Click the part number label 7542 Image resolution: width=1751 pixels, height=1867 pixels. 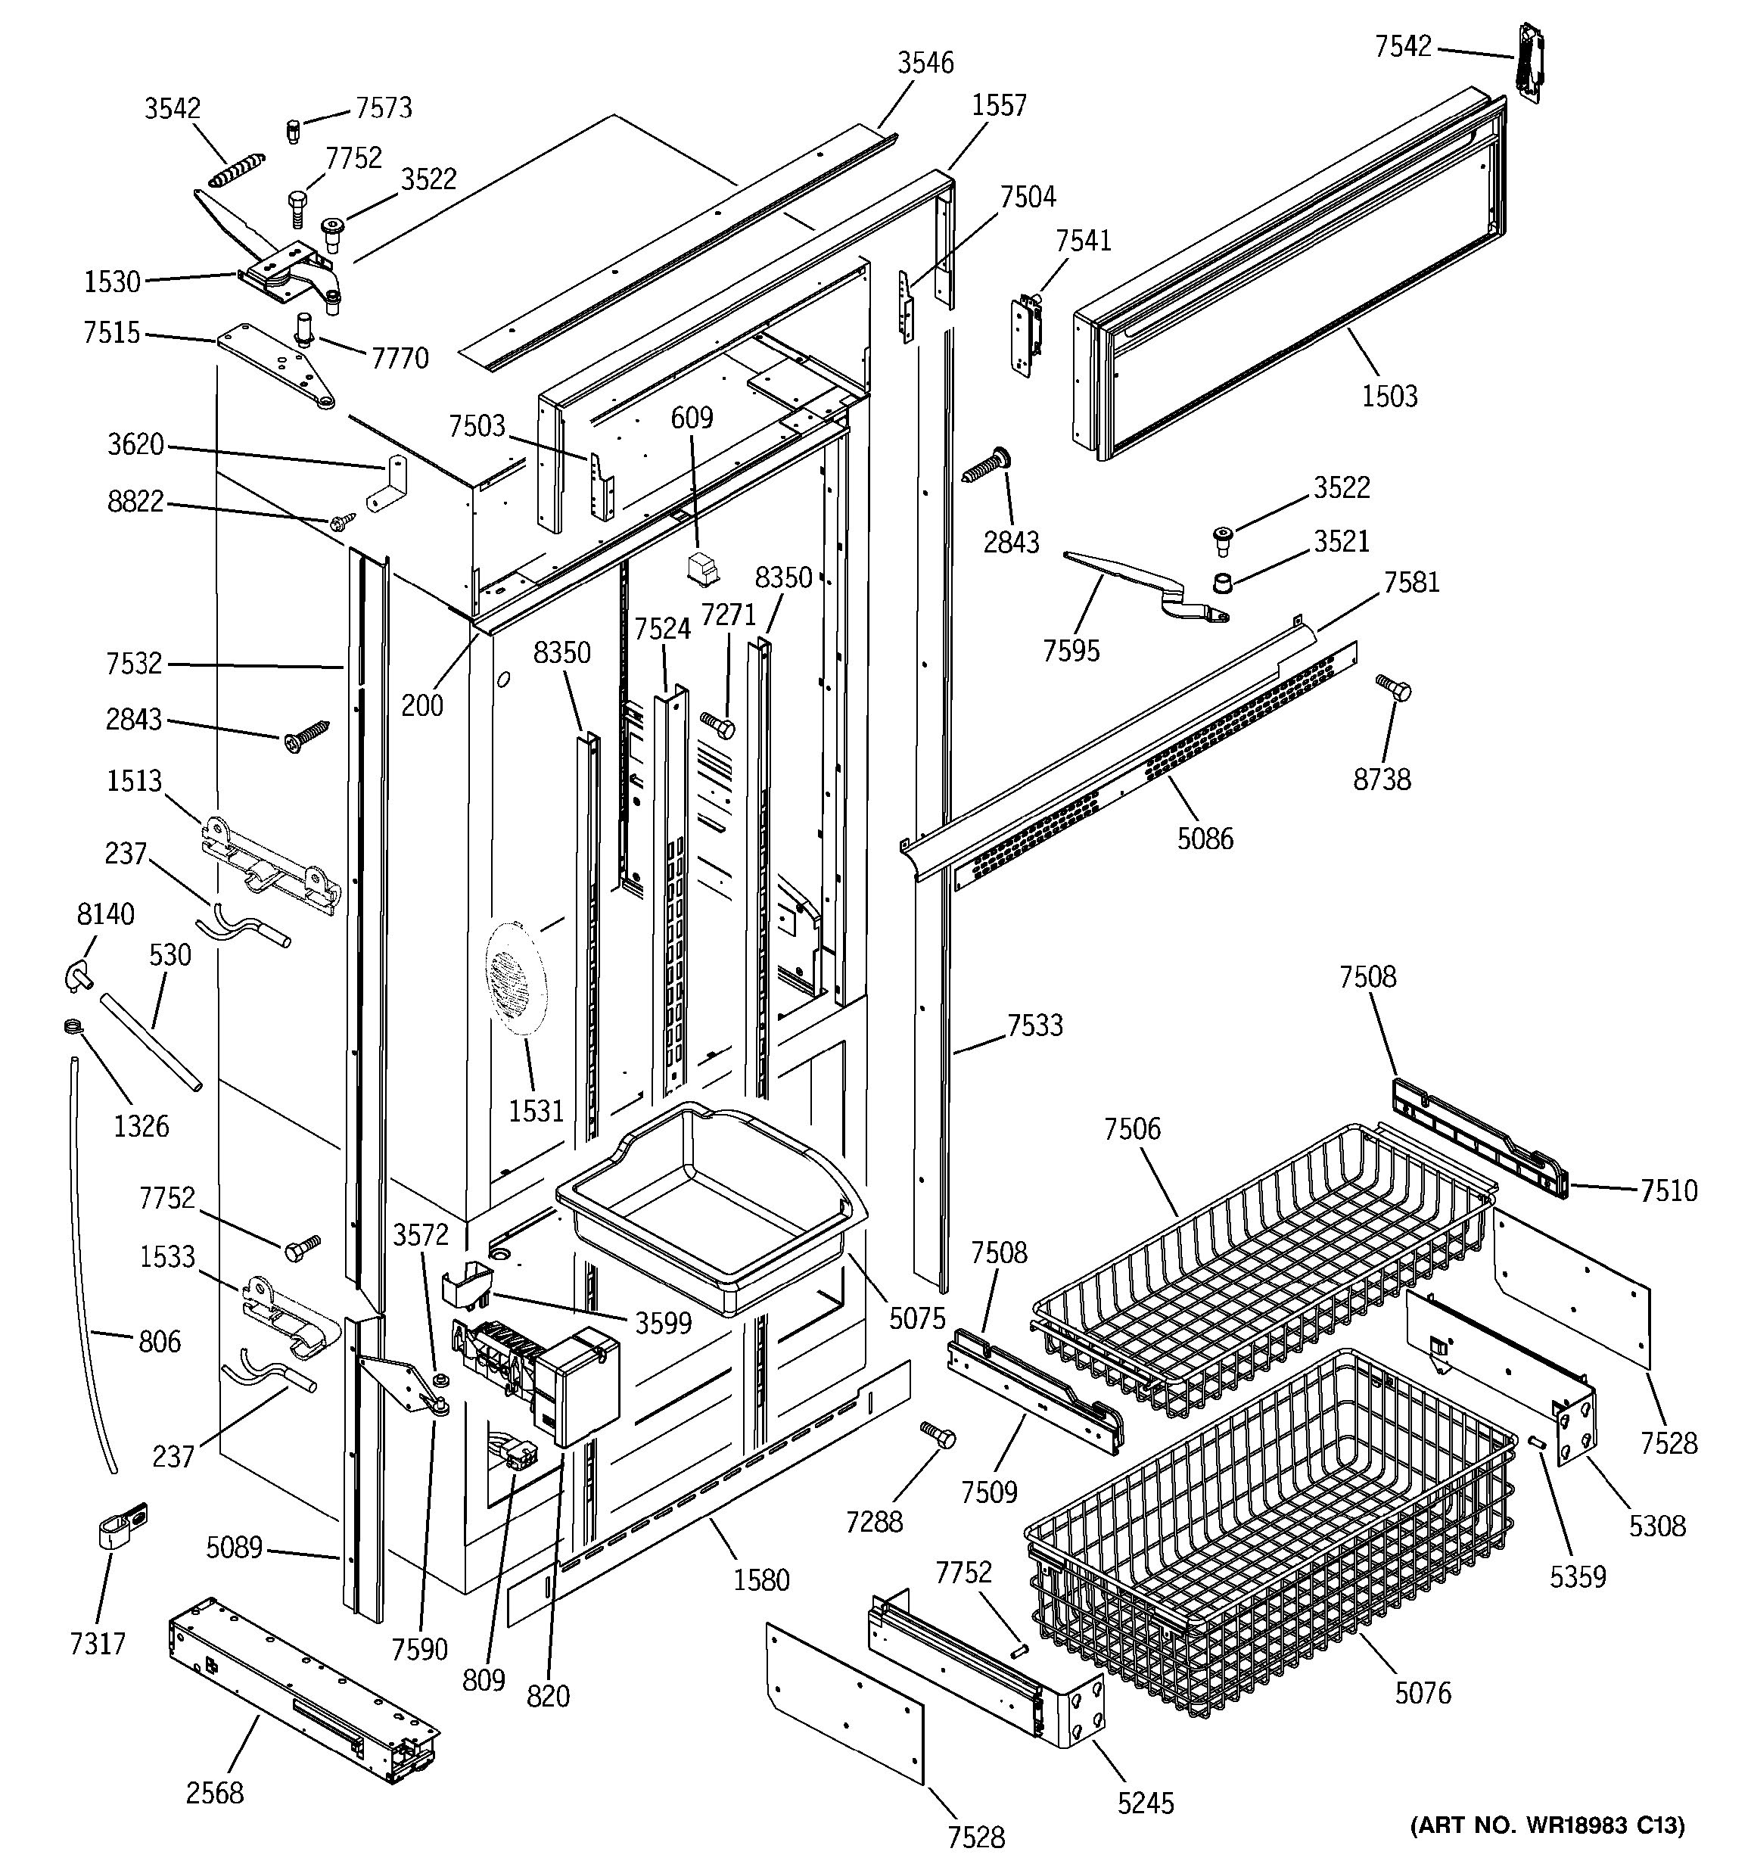point(1403,46)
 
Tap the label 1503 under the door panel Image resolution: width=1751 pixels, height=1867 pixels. point(1389,395)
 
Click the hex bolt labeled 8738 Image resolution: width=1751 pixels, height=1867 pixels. point(1395,689)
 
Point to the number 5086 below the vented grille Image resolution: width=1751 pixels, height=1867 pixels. point(1205,839)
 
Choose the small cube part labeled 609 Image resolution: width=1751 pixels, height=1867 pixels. point(699,568)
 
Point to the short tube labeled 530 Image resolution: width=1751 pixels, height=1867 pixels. point(151,1042)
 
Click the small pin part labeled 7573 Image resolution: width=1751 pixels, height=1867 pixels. point(292,129)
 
